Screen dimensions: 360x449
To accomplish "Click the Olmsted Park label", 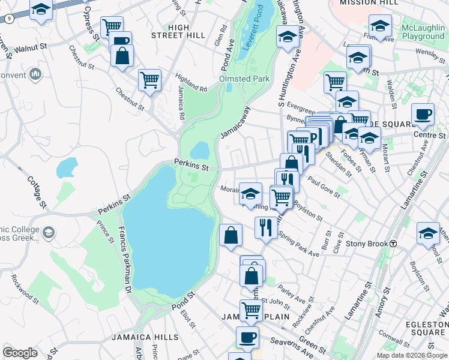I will coord(244,79).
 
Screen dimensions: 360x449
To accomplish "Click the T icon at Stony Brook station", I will coord(393,244).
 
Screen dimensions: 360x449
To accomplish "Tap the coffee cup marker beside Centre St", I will coord(423,114).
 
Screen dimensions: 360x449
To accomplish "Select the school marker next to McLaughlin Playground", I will coord(380,26).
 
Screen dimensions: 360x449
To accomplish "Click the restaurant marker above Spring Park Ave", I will coord(265,227).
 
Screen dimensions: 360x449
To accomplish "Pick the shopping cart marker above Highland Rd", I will coord(149,79).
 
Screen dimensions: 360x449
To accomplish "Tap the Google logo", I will coord(20,353).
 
